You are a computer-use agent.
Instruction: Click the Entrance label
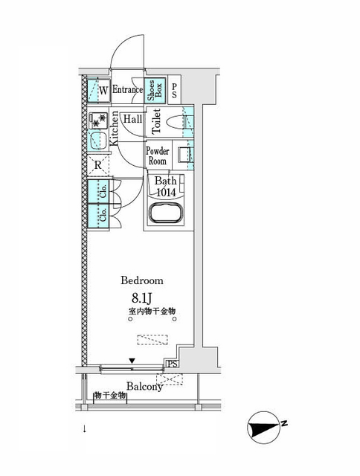127,91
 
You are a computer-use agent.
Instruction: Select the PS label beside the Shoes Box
174,91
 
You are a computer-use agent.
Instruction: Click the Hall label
132,119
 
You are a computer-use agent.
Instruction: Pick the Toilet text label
155,121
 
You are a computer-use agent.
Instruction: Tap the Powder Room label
157,156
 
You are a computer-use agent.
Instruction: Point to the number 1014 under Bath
167,191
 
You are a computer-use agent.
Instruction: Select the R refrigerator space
98,165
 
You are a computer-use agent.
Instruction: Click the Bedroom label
142,280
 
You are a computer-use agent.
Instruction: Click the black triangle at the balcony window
132,361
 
